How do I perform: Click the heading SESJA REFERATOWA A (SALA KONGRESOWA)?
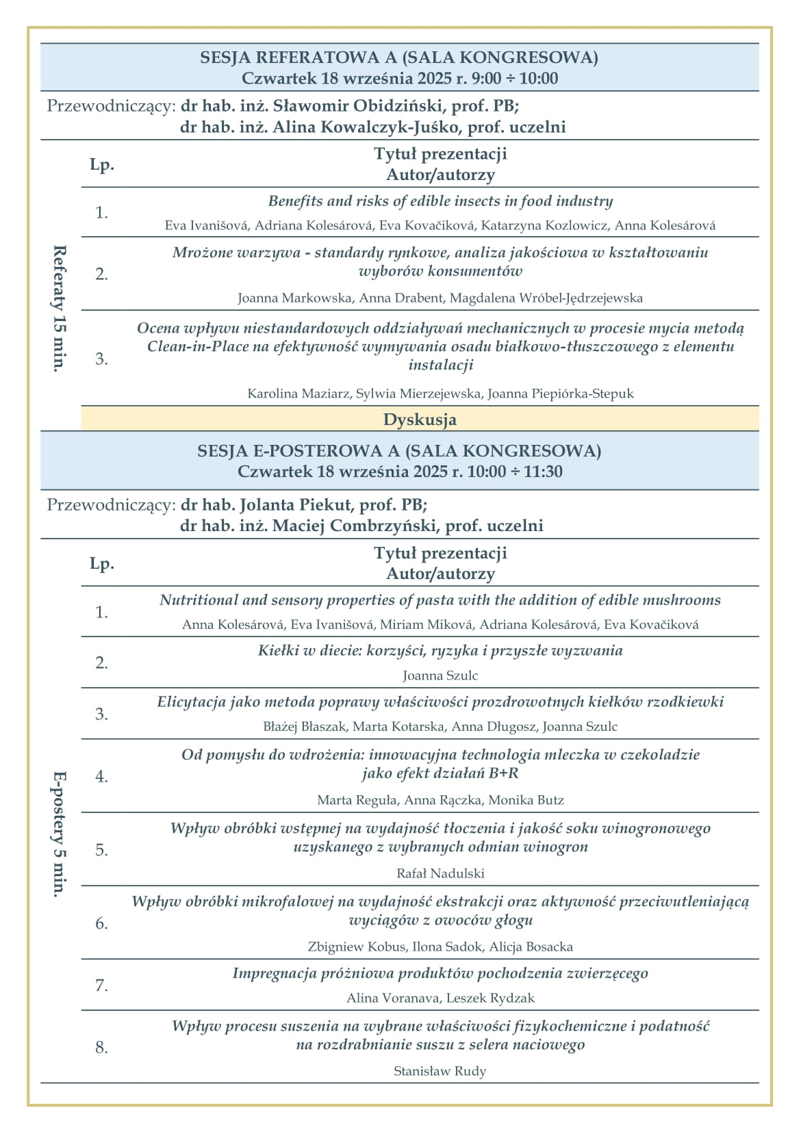(x=399, y=57)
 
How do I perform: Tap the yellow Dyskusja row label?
(x=420, y=420)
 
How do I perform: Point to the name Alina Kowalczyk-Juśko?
(x=361, y=127)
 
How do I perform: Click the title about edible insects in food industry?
(x=440, y=201)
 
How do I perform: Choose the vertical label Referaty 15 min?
(x=60, y=307)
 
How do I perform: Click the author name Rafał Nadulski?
(x=440, y=873)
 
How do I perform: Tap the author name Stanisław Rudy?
(x=440, y=1071)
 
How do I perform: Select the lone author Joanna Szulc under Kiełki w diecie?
(x=440, y=676)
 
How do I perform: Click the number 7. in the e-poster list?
(x=102, y=986)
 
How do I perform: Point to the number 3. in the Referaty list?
(x=102, y=359)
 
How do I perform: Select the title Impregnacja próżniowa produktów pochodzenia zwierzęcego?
(x=440, y=973)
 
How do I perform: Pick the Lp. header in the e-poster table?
(x=102, y=563)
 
